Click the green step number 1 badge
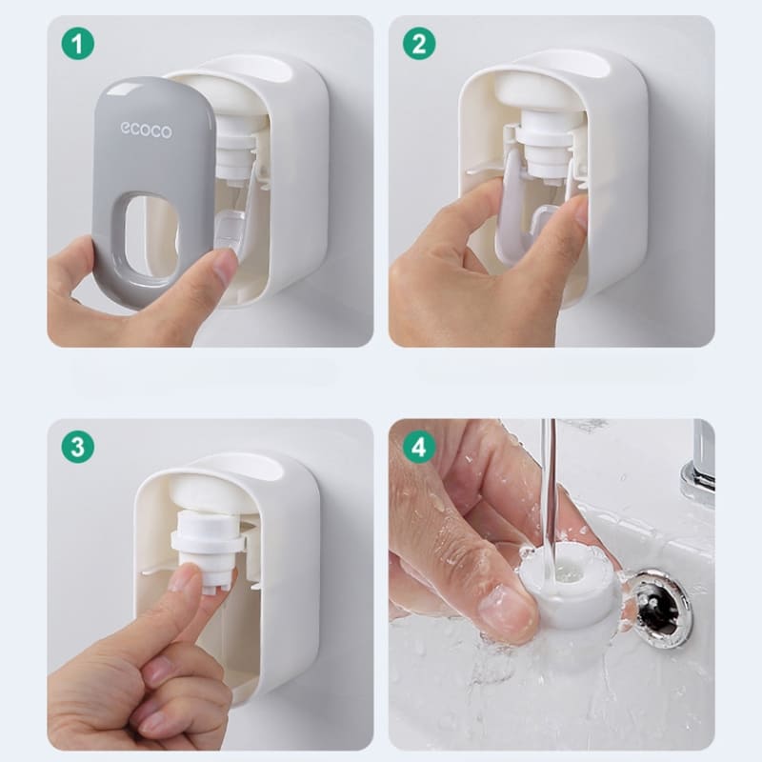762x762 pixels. coord(78,44)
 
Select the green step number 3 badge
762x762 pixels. coord(78,447)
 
